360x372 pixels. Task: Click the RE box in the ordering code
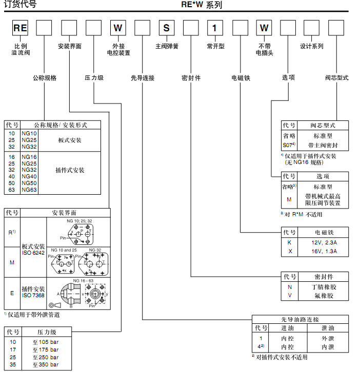[x=20, y=28]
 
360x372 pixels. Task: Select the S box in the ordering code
[x=167, y=28]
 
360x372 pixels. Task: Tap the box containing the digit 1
[x=215, y=28]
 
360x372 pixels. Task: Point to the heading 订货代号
[x=18, y=5]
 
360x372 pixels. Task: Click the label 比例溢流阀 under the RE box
[x=21, y=49]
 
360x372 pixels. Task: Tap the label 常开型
[x=215, y=46]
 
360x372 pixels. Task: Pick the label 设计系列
[x=312, y=46]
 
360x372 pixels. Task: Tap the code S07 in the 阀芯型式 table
[x=288, y=146]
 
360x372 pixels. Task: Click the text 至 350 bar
[x=46, y=365]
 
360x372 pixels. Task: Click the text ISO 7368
[x=33, y=295]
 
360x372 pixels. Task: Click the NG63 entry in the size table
[x=29, y=190]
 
